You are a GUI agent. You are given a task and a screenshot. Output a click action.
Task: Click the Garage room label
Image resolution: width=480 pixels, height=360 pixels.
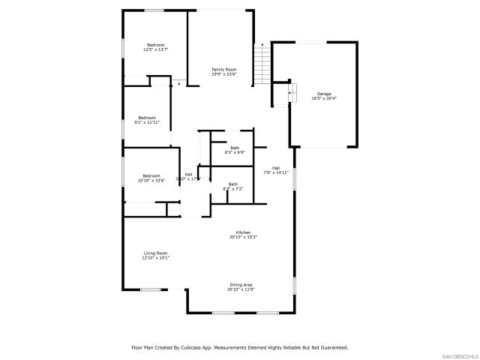(x=324, y=94)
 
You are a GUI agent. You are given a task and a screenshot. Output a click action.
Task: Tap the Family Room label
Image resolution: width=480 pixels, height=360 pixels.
(x=223, y=69)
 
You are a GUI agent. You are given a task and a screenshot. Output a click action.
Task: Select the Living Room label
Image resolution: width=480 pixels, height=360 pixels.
(x=155, y=253)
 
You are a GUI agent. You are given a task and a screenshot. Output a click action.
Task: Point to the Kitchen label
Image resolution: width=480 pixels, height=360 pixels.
(x=244, y=232)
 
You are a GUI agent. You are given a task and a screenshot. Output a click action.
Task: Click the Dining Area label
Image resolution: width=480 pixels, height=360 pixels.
(x=241, y=284)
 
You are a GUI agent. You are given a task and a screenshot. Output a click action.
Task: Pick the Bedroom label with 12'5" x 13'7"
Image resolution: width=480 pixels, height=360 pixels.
(x=155, y=45)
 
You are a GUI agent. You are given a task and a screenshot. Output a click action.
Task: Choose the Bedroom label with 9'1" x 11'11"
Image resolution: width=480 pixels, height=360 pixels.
(x=147, y=117)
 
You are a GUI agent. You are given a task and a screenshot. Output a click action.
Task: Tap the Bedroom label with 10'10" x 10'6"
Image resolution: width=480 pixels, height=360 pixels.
(x=151, y=175)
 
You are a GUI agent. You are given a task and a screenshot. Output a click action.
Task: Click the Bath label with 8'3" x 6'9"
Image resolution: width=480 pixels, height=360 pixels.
(x=235, y=148)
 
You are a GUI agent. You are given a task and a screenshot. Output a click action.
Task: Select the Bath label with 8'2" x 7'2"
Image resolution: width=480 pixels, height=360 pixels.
(x=233, y=184)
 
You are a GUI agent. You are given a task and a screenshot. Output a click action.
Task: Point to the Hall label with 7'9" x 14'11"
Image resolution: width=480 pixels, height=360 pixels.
(x=276, y=167)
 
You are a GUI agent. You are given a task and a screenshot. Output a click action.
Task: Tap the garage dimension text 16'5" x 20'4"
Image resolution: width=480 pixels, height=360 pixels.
(x=324, y=98)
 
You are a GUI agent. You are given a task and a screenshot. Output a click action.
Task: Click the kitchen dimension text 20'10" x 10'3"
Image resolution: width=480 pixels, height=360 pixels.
(x=244, y=237)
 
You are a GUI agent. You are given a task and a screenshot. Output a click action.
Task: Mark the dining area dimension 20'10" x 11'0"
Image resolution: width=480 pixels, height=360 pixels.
(x=241, y=289)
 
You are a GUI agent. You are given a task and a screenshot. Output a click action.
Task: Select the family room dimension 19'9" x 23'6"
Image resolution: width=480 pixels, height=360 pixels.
(x=223, y=73)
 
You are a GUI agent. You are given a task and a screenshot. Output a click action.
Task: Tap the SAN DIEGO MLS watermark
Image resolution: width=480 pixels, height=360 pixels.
(x=459, y=355)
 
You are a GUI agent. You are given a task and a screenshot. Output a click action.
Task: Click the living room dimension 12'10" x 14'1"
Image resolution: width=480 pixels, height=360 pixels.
(x=155, y=257)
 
